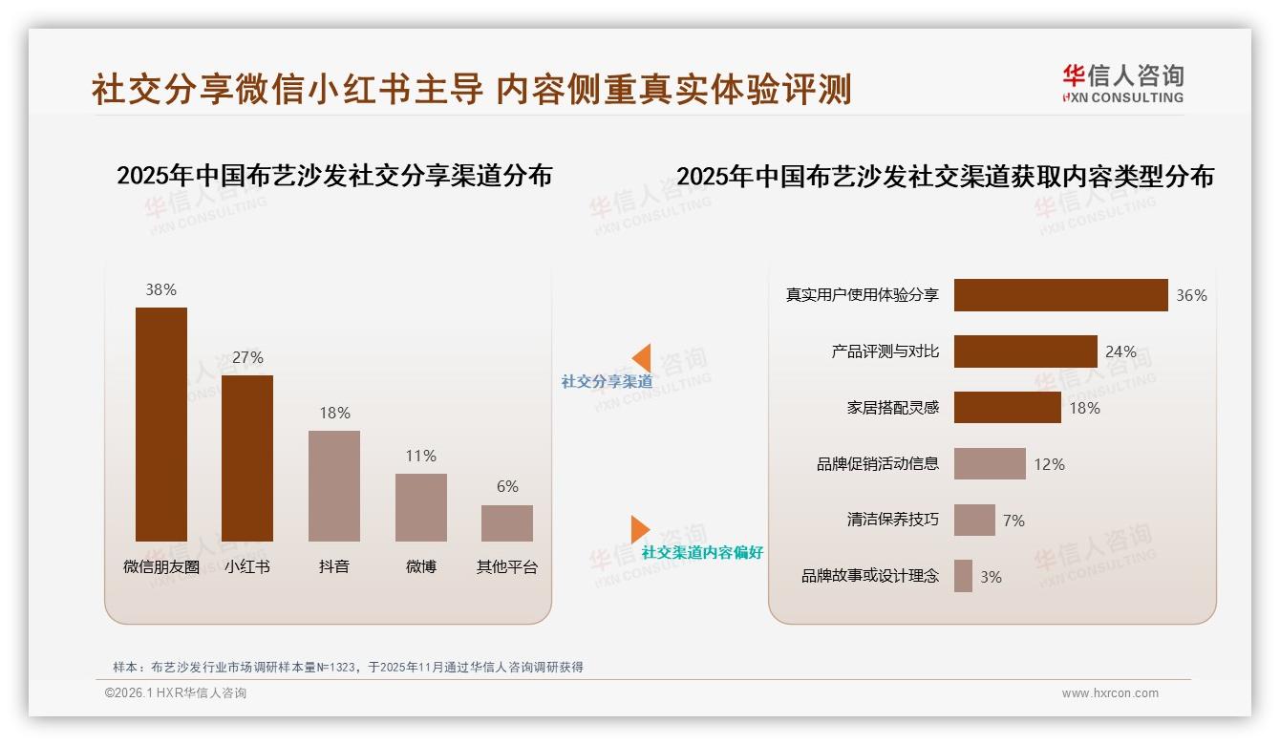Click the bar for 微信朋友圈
pos(160,424)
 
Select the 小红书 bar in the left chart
pos(247,458)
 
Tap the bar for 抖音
pos(334,486)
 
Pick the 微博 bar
pos(421,507)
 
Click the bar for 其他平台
pos(507,523)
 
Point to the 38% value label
pos(160,289)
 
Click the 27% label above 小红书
pos(247,357)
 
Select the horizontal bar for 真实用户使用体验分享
pos(1060,295)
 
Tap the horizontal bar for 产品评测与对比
pos(1025,351)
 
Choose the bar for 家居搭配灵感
pos(1007,408)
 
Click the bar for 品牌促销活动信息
pos(990,464)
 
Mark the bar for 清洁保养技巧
pos(974,521)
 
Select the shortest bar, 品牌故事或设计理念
pos(963,576)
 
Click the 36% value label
pos(1191,296)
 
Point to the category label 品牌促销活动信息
pos(878,464)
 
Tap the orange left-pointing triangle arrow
pos(642,357)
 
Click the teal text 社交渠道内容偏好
pos(702,553)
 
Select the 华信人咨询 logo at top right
pos(1122,84)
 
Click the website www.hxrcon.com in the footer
pos(1110,693)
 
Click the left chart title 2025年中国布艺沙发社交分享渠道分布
pos(334,176)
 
